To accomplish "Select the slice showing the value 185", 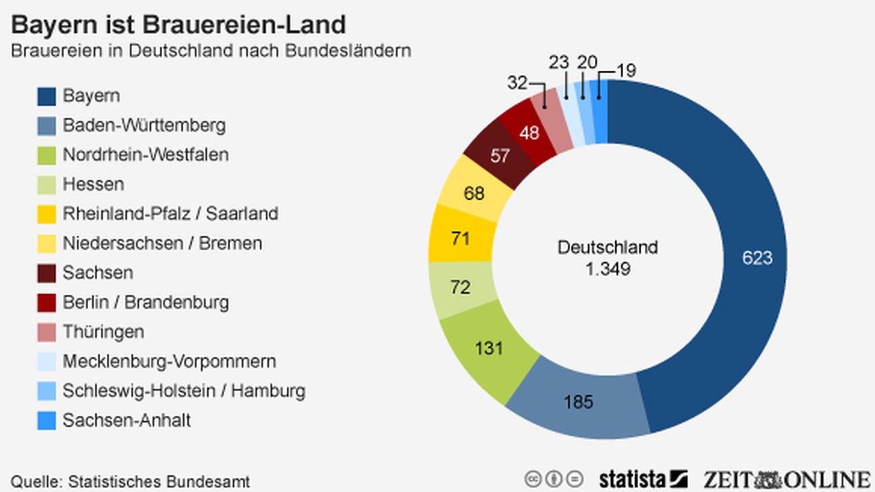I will tap(578, 402).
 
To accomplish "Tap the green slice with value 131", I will tap(489, 348).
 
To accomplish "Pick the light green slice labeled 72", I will tap(460, 287).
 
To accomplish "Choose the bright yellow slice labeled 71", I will tap(460, 238).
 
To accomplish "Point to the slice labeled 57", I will tap(499, 156).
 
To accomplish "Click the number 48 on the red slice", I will tap(529, 133).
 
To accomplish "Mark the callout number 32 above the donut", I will tap(517, 83).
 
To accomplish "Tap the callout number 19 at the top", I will tap(625, 71).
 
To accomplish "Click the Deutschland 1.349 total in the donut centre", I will tap(607, 258).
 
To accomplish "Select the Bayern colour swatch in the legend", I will tap(46, 96).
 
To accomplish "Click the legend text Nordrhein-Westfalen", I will tap(145, 155).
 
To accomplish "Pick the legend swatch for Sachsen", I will tap(46, 273).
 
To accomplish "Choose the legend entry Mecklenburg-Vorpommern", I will tap(169, 361).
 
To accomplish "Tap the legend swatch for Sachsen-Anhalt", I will tap(46, 421).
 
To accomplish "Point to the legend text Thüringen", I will tap(103, 332).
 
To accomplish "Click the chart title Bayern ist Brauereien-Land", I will tap(178, 25).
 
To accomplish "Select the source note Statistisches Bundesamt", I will tap(130, 482).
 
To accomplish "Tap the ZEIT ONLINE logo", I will tap(786, 479).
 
